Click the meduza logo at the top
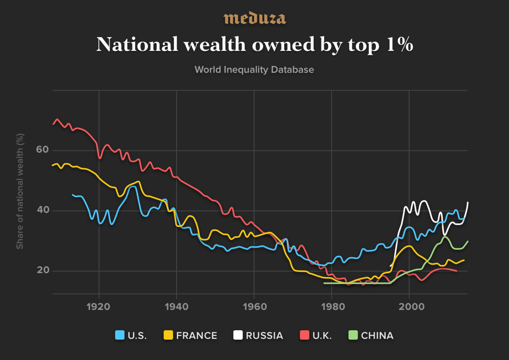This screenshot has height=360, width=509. (254, 18)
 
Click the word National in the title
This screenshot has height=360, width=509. (137, 44)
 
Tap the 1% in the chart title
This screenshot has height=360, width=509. (400, 44)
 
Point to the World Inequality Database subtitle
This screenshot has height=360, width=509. (254, 70)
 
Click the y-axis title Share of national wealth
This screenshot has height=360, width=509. (20, 191)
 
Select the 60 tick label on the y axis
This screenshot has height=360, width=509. (43, 149)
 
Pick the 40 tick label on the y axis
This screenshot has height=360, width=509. (43, 210)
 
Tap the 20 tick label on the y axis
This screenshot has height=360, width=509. (43, 270)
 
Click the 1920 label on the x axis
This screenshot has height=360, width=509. (98, 307)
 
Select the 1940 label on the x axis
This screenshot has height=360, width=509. (177, 307)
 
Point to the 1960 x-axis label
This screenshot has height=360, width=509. (255, 307)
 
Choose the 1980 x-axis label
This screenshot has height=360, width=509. (333, 307)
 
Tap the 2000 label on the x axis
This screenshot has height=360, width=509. (412, 307)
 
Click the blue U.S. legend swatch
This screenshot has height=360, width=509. (120, 335)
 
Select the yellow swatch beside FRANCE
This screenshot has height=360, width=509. (168, 335)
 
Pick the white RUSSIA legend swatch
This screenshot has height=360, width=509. (238, 335)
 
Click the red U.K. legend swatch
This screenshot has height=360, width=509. (305, 335)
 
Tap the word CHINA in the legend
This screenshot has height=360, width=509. (377, 335)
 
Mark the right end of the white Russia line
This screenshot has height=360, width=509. (468, 202)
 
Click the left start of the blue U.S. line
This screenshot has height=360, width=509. (72, 195)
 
